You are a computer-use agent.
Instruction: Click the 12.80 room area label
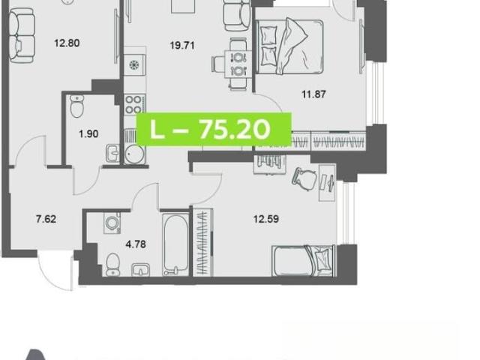point(67,43)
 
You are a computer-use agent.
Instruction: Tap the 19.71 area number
point(182,46)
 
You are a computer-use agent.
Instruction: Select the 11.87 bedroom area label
point(313,94)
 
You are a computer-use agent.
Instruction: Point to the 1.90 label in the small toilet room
point(88,133)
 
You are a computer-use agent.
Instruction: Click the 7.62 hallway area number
point(46,219)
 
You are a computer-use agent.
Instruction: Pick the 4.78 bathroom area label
point(136,244)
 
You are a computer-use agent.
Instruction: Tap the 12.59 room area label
point(266,219)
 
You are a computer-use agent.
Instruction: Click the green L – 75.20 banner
point(214,129)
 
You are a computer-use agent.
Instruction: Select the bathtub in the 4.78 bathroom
point(175,244)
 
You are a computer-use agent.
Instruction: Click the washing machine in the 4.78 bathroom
point(112,223)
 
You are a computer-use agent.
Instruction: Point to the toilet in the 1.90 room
point(76,106)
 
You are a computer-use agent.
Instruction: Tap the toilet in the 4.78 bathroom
point(112,265)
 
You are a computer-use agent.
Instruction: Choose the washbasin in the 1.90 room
point(112,153)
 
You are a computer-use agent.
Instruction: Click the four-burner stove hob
point(133,103)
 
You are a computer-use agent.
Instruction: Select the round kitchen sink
point(133,153)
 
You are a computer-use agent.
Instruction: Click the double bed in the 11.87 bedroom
point(289,46)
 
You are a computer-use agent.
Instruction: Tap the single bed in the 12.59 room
point(304,261)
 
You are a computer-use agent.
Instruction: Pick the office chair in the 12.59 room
point(304,179)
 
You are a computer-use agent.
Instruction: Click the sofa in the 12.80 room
point(22,35)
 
